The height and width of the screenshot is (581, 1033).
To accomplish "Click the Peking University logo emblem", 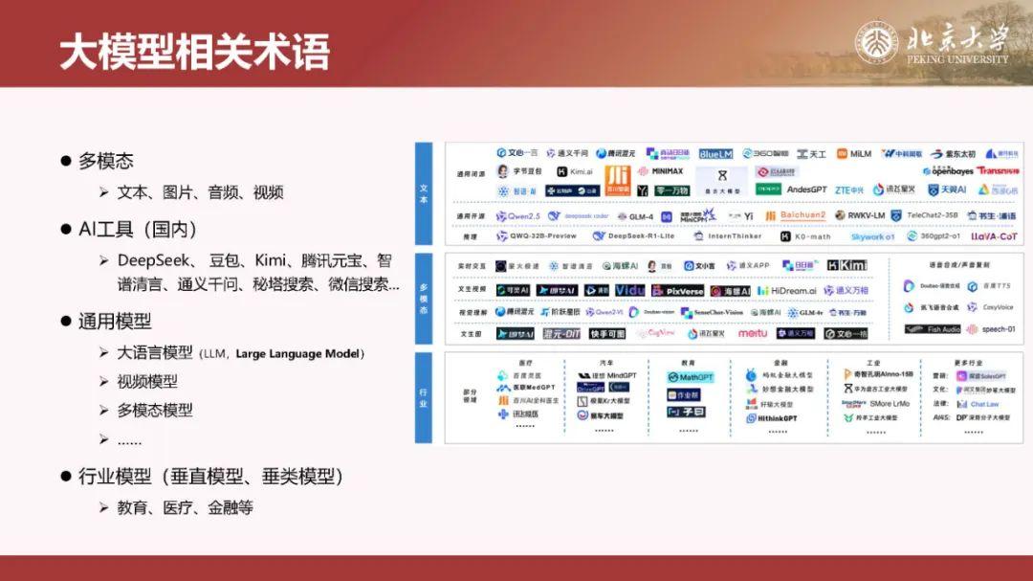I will [x=878, y=45].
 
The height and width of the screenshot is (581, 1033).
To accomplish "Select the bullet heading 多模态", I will [x=105, y=161].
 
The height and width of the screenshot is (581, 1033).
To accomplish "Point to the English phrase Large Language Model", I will [x=299, y=354].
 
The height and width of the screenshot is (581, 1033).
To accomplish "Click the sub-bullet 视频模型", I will [x=147, y=381].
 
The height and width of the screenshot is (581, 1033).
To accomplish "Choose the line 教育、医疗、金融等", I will [x=185, y=507].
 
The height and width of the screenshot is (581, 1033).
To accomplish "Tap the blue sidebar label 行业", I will [x=424, y=397].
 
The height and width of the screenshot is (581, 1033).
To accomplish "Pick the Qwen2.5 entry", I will [x=517, y=216].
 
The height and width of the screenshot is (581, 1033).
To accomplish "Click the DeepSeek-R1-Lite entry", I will [x=634, y=235].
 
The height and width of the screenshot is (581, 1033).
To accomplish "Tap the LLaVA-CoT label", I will [x=994, y=235].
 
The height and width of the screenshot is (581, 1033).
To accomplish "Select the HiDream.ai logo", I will [x=787, y=290].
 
